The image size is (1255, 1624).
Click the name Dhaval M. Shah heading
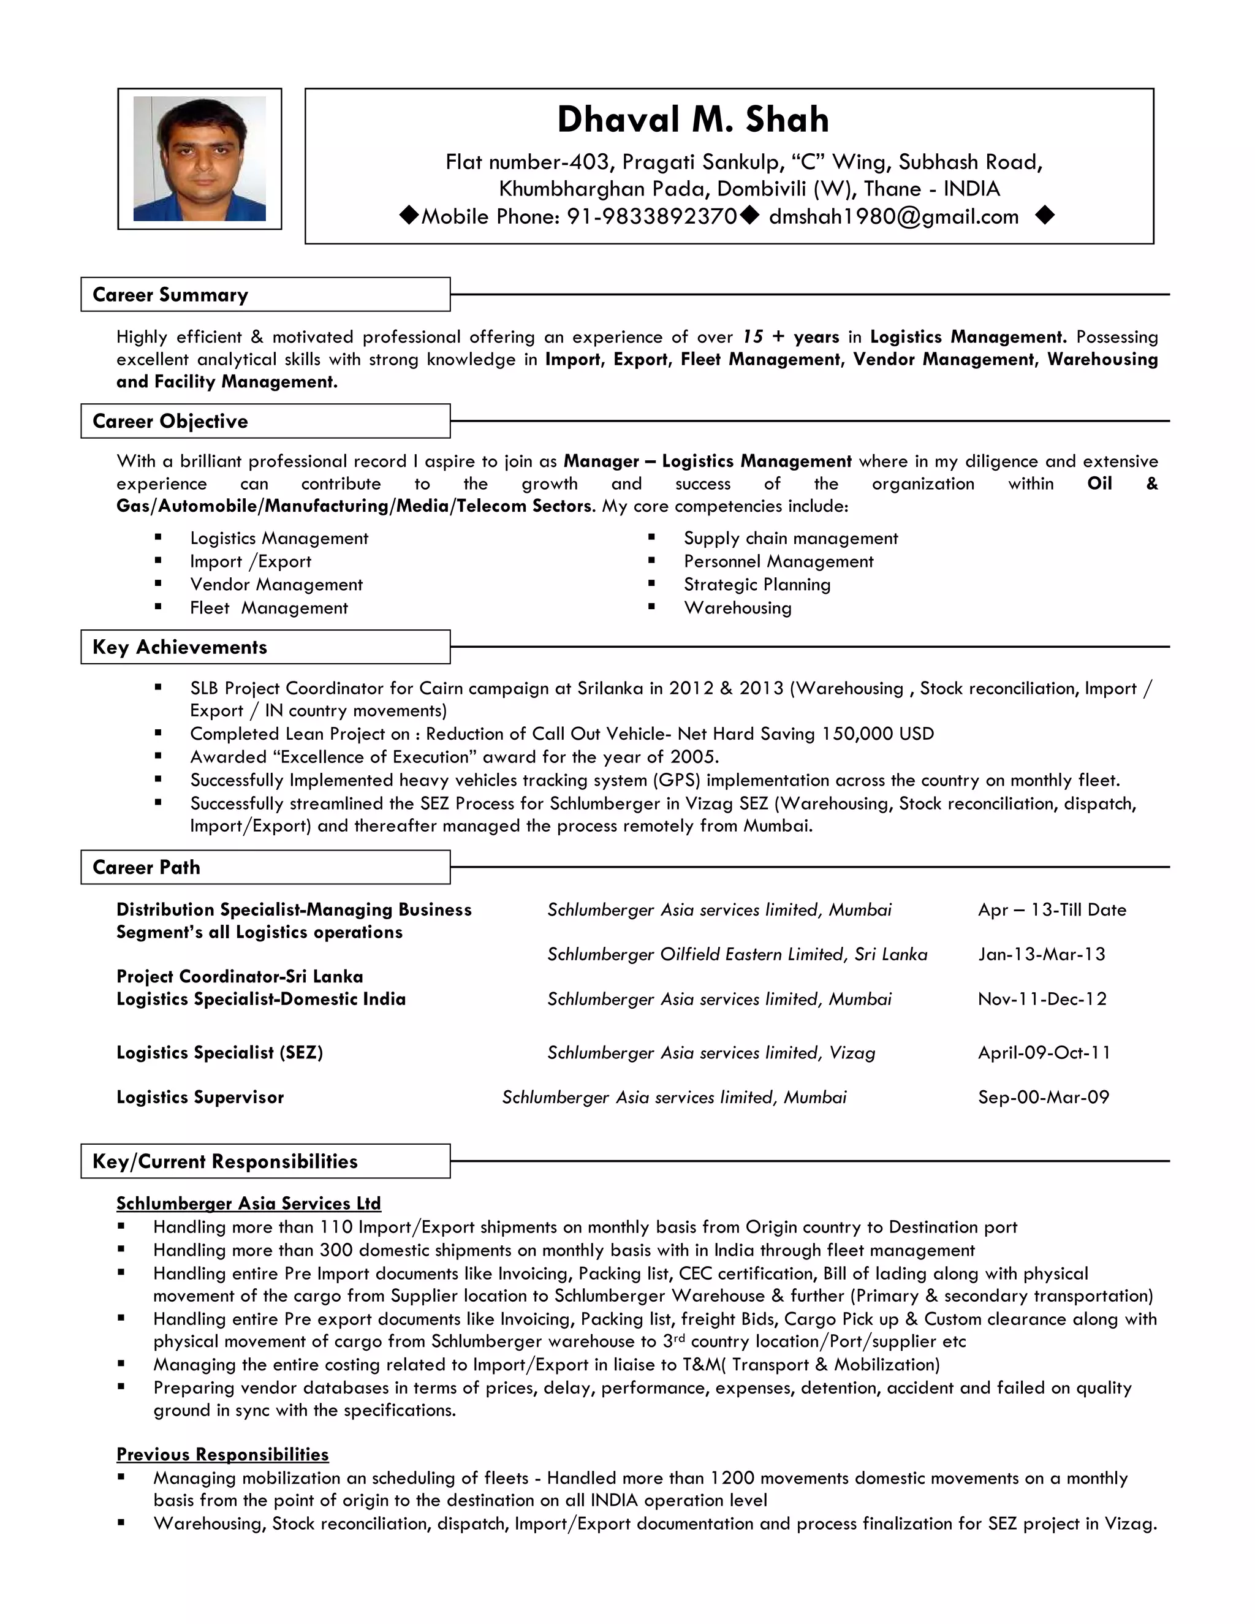(693, 120)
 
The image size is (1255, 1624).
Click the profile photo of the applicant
(199, 158)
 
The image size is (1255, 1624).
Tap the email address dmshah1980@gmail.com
(893, 216)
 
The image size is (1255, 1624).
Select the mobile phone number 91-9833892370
(651, 216)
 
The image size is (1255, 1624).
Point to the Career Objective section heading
(170, 421)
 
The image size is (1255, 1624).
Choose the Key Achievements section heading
(179, 647)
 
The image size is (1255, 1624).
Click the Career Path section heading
(146, 867)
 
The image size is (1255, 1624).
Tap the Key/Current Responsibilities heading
(224, 1161)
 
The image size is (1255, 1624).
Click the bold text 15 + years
(791, 337)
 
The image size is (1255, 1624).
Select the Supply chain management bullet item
(791, 538)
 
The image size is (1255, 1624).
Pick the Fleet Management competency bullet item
(268, 609)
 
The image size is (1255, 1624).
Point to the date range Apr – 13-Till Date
(1052, 910)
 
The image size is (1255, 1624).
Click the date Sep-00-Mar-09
(1043, 1098)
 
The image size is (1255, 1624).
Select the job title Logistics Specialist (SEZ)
(219, 1053)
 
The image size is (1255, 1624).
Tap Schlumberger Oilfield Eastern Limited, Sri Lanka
(737, 955)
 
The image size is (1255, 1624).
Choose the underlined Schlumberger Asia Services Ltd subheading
(248, 1204)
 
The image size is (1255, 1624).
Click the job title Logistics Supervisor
(200, 1098)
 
